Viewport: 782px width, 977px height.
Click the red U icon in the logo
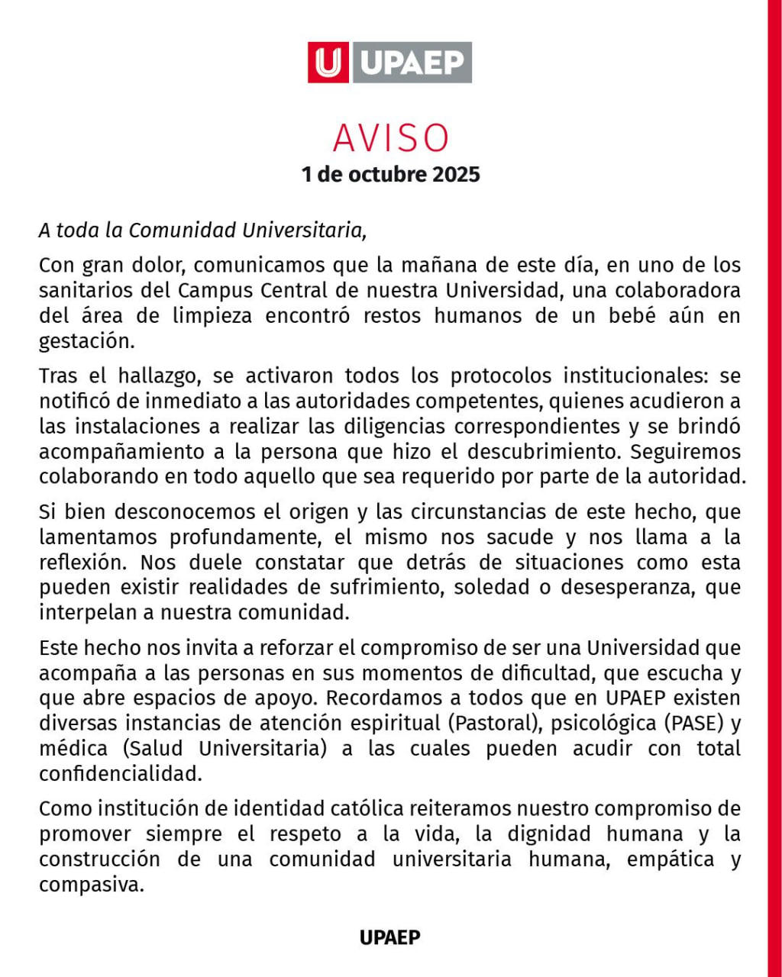(x=328, y=63)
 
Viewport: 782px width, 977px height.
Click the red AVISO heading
(x=391, y=138)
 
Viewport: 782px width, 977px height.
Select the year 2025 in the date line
(x=457, y=174)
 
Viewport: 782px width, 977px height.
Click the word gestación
(x=86, y=341)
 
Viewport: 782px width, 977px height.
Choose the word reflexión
(x=83, y=563)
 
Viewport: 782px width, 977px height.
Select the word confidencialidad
(x=121, y=772)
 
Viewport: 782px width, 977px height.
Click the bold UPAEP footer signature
(x=390, y=937)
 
